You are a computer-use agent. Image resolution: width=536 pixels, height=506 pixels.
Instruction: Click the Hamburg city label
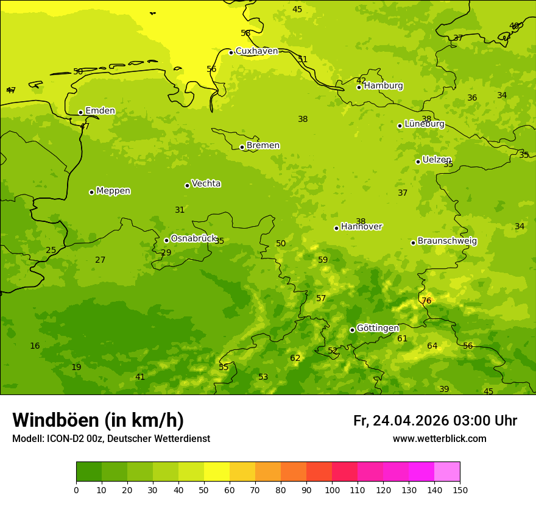click(383, 86)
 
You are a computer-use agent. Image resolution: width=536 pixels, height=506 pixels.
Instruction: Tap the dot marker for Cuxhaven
click(231, 52)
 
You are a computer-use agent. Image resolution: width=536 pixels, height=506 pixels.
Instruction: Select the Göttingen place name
click(378, 328)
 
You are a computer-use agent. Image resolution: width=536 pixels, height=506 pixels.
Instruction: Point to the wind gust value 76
click(426, 301)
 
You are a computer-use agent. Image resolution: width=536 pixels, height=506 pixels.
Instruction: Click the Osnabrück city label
click(194, 238)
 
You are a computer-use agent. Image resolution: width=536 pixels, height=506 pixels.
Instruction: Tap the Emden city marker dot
click(80, 112)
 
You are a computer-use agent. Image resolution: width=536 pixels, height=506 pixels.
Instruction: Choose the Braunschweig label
click(447, 241)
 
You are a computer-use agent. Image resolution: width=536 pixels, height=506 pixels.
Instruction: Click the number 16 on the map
click(35, 346)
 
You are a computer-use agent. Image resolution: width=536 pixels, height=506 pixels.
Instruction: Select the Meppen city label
click(113, 191)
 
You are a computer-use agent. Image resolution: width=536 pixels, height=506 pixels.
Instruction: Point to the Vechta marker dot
click(187, 185)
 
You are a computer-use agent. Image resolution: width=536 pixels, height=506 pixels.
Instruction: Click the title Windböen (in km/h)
click(98, 420)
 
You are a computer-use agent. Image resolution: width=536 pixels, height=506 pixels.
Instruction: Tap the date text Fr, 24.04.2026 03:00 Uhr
click(435, 421)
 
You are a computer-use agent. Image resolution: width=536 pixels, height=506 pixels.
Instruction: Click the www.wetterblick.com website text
click(439, 439)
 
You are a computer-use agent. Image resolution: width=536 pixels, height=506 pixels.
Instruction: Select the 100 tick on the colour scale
click(332, 490)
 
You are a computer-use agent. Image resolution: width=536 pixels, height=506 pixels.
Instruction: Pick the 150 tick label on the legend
click(460, 490)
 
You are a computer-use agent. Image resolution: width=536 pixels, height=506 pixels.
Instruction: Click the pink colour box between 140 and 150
click(447, 471)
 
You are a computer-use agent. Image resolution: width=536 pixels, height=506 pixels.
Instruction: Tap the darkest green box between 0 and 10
click(89, 471)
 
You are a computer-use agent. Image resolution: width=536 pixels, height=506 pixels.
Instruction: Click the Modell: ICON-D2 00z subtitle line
click(111, 439)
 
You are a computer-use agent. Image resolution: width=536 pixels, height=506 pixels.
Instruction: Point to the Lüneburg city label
click(425, 124)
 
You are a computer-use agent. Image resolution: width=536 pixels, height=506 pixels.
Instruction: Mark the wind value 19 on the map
click(76, 367)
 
